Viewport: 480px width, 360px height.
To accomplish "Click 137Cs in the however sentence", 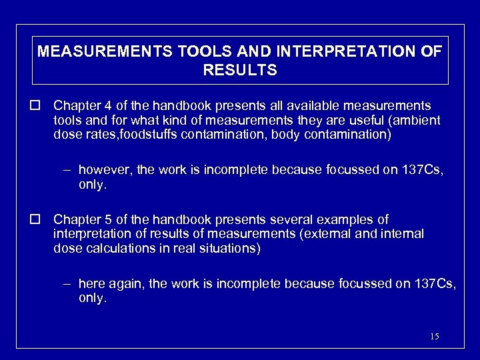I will point(423,171).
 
